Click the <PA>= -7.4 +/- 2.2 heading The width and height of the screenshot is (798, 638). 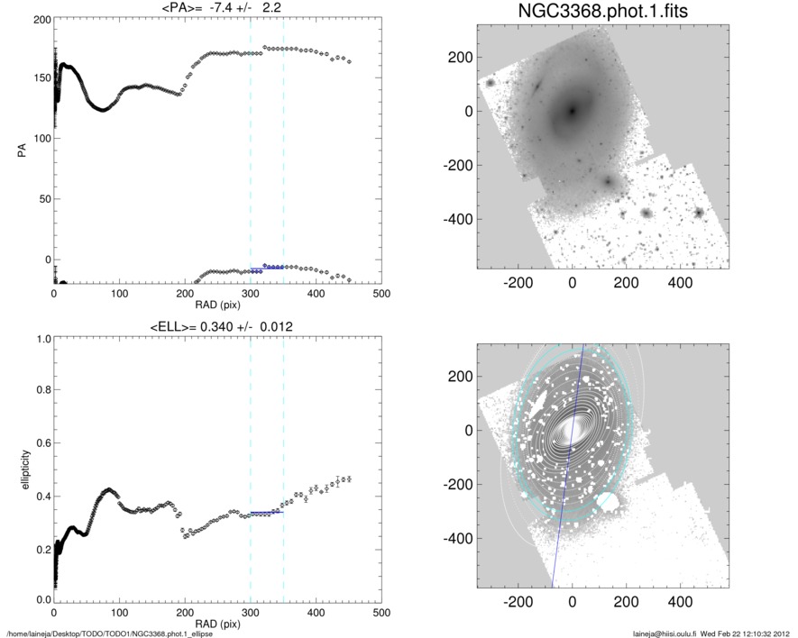tap(216, 8)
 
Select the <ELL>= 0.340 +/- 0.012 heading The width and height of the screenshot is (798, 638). tap(217, 326)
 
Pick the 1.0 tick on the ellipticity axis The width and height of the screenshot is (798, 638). tap(40, 340)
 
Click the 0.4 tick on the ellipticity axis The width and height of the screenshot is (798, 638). tap(40, 497)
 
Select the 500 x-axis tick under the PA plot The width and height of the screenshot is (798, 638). tap(381, 294)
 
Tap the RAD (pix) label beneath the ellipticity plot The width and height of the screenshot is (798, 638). tap(217, 624)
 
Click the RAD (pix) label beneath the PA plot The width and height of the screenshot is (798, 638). tap(217, 305)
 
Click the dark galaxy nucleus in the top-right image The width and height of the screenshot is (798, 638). tap(572, 112)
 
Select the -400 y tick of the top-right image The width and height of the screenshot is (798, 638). tap(458, 219)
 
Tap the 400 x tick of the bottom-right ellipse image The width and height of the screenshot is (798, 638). tap(679, 602)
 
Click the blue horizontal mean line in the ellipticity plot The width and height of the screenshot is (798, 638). tap(267, 512)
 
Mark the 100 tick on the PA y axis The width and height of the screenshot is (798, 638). tap(40, 139)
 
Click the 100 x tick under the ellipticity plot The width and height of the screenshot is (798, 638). tap(119, 613)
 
